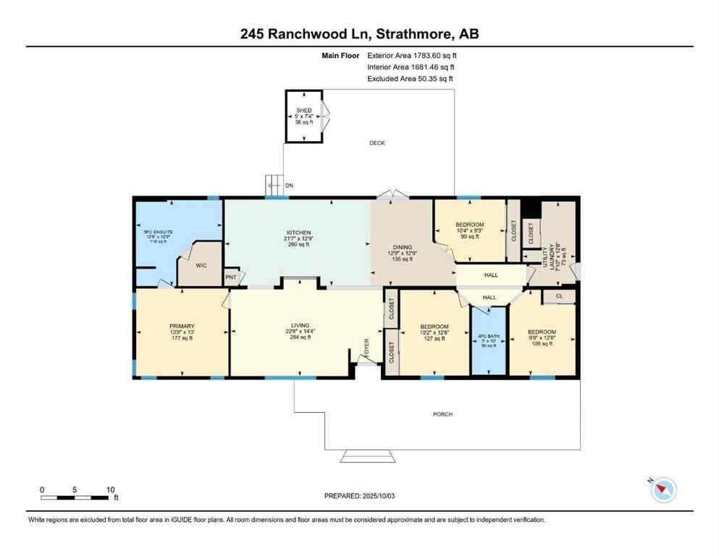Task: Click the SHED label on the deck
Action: pos(303,111)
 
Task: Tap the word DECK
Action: pos(377,143)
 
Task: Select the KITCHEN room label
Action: pos(297,233)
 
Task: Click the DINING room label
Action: pos(402,248)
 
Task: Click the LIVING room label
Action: pos(300,326)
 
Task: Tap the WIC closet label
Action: pos(201,266)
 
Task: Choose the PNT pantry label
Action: pos(231,277)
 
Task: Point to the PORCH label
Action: pos(442,414)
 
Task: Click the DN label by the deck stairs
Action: pos(289,186)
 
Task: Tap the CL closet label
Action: pos(559,296)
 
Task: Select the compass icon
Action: pos(663,490)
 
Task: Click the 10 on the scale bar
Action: pos(110,489)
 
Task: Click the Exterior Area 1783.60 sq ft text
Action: pos(412,55)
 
